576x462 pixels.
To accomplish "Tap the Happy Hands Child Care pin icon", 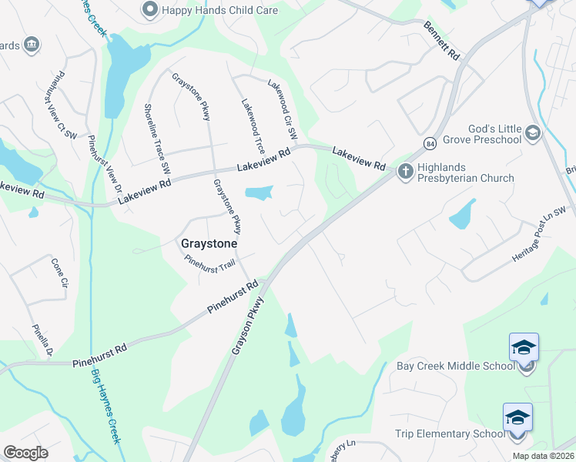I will tap(149, 10).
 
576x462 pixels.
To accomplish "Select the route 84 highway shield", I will tap(428, 143).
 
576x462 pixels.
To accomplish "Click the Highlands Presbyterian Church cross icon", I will tap(406, 171).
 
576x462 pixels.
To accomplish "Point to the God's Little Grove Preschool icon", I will tap(532, 133).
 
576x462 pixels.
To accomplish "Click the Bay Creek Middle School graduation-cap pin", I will tap(524, 348).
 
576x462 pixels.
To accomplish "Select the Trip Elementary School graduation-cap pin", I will tap(517, 417).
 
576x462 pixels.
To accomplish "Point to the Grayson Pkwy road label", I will tap(248, 326).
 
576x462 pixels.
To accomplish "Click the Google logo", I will tap(25, 453).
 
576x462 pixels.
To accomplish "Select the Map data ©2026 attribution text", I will tap(543, 456).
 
